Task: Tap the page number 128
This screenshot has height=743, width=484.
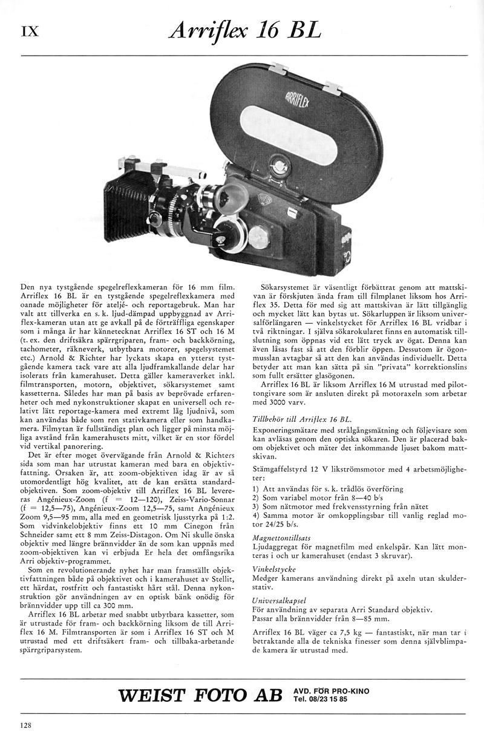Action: pyautogui.click(x=25, y=725)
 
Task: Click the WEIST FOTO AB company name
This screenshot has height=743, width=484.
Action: pyautogui.click(x=200, y=695)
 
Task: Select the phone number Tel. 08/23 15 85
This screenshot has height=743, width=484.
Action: pyautogui.click(x=321, y=699)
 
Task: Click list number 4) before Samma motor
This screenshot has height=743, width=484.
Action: pyautogui.click(x=255, y=515)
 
